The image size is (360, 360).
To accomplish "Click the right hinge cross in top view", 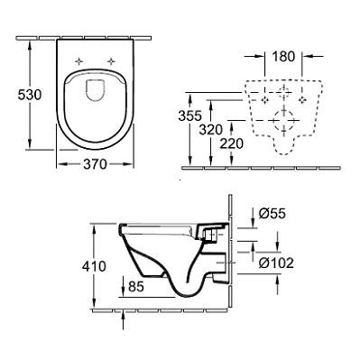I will (x=112, y=60).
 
